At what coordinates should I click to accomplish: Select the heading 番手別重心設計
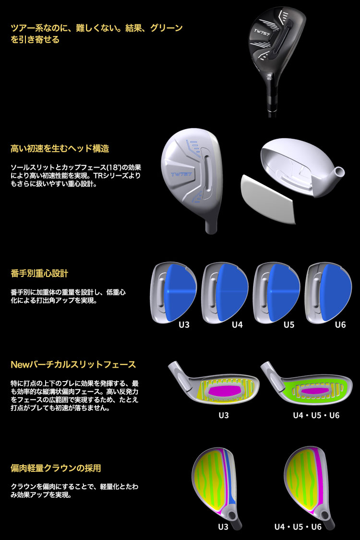click(x=39, y=274)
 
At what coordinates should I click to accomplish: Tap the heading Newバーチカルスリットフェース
click(x=73, y=365)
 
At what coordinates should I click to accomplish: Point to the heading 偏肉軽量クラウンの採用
click(x=56, y=468)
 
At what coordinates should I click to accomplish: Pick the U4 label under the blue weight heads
click(x=237, y=324)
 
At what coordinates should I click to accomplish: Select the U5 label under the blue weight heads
click(x=288, y=324)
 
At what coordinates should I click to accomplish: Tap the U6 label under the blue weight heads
click(x=340, y=324)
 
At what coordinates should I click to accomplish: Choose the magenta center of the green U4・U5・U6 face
click(x=315, y=390)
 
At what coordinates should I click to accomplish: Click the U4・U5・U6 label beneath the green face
click(x=316, y=415)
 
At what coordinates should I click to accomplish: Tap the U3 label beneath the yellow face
click(x=223, y=415)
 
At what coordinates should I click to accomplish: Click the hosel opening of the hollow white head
click(x=340, y=170)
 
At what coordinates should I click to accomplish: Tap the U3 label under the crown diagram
click(x=223, y=526)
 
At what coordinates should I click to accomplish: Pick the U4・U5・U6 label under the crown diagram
click(x=298, y=526)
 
